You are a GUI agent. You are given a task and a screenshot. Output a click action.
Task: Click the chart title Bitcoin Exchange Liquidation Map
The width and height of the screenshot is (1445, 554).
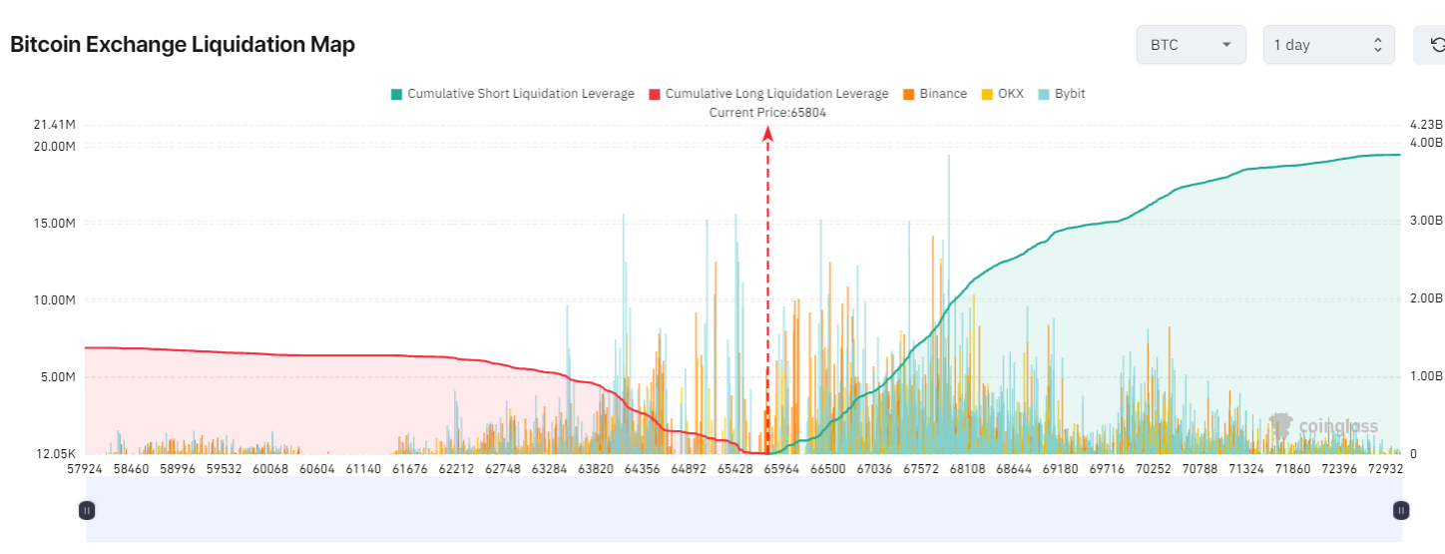pos(183,45)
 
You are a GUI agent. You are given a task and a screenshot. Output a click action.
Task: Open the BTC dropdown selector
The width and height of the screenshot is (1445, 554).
pos(1191,45)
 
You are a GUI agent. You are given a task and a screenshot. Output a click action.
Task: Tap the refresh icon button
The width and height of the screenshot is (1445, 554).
pos(1435,45)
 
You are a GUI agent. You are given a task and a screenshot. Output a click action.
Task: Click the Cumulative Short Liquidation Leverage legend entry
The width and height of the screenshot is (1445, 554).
pos(512,94)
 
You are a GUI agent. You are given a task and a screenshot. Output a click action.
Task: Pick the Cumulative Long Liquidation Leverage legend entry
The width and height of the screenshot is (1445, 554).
pos(768,94)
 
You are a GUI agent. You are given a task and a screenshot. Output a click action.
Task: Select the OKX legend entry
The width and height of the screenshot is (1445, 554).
pos(1003,94)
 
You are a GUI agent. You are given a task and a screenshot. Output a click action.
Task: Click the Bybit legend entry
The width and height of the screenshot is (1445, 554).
pos(1062,94)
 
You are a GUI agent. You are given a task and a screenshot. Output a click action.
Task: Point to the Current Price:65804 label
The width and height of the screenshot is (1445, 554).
pos(767,113)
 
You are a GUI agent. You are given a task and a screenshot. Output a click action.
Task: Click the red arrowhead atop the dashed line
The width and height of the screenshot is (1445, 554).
pos(767,133)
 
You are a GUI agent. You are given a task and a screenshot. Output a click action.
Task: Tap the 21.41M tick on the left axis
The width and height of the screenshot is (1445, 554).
pos(55,125)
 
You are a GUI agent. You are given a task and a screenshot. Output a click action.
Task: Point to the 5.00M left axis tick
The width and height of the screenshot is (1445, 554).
pos(56,377)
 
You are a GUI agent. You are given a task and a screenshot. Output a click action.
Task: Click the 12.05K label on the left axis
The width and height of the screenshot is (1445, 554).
pos(55,454)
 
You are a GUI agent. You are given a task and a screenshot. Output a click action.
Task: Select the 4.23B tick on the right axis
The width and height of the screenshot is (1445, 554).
pos(1426,125)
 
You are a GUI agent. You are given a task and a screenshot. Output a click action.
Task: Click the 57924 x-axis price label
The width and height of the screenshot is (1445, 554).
pos(86,468)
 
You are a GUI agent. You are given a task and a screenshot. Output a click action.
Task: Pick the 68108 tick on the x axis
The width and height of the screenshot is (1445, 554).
pos(965,468)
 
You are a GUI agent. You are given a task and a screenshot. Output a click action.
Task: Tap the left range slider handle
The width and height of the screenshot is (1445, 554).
pos(87,510)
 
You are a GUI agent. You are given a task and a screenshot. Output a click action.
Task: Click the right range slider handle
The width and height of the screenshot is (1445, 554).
pos(1401,510)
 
